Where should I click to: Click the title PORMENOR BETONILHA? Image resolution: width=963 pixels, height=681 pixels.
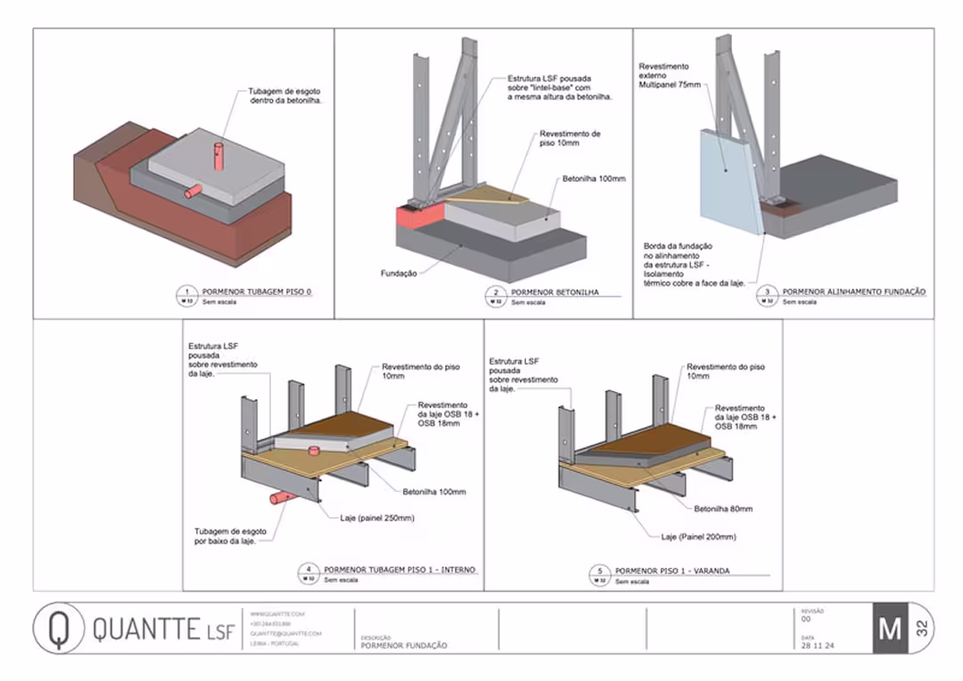554,291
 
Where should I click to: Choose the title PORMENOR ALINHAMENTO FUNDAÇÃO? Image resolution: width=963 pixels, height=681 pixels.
853,291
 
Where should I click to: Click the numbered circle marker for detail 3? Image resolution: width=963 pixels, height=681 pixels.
767,291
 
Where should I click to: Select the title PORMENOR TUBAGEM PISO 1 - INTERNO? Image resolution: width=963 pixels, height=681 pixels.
399,569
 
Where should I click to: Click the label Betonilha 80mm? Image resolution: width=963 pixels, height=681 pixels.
723,509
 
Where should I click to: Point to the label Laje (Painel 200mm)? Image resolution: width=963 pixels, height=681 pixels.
698,537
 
